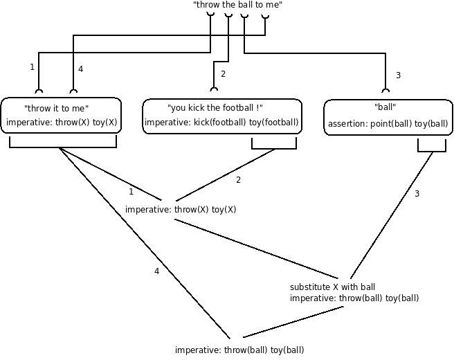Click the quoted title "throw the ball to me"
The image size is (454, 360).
pos(238,5)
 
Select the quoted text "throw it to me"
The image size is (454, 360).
pos(56,109)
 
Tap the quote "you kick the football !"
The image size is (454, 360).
pos(215,109)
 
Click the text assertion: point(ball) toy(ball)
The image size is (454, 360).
pos(388,125)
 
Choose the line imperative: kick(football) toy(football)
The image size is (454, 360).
pos(221,123)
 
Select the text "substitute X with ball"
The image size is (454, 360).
pos(332,287)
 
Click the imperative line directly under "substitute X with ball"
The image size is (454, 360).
pos(354,298)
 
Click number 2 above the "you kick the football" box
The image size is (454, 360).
pos(223,74)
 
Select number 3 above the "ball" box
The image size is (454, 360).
pos(397,75)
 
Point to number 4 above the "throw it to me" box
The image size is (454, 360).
pos(81,69)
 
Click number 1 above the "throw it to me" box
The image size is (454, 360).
pos(32,67)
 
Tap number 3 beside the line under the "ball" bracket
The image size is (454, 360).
pos(417,194)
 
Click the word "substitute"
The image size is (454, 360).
pos(309,287)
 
